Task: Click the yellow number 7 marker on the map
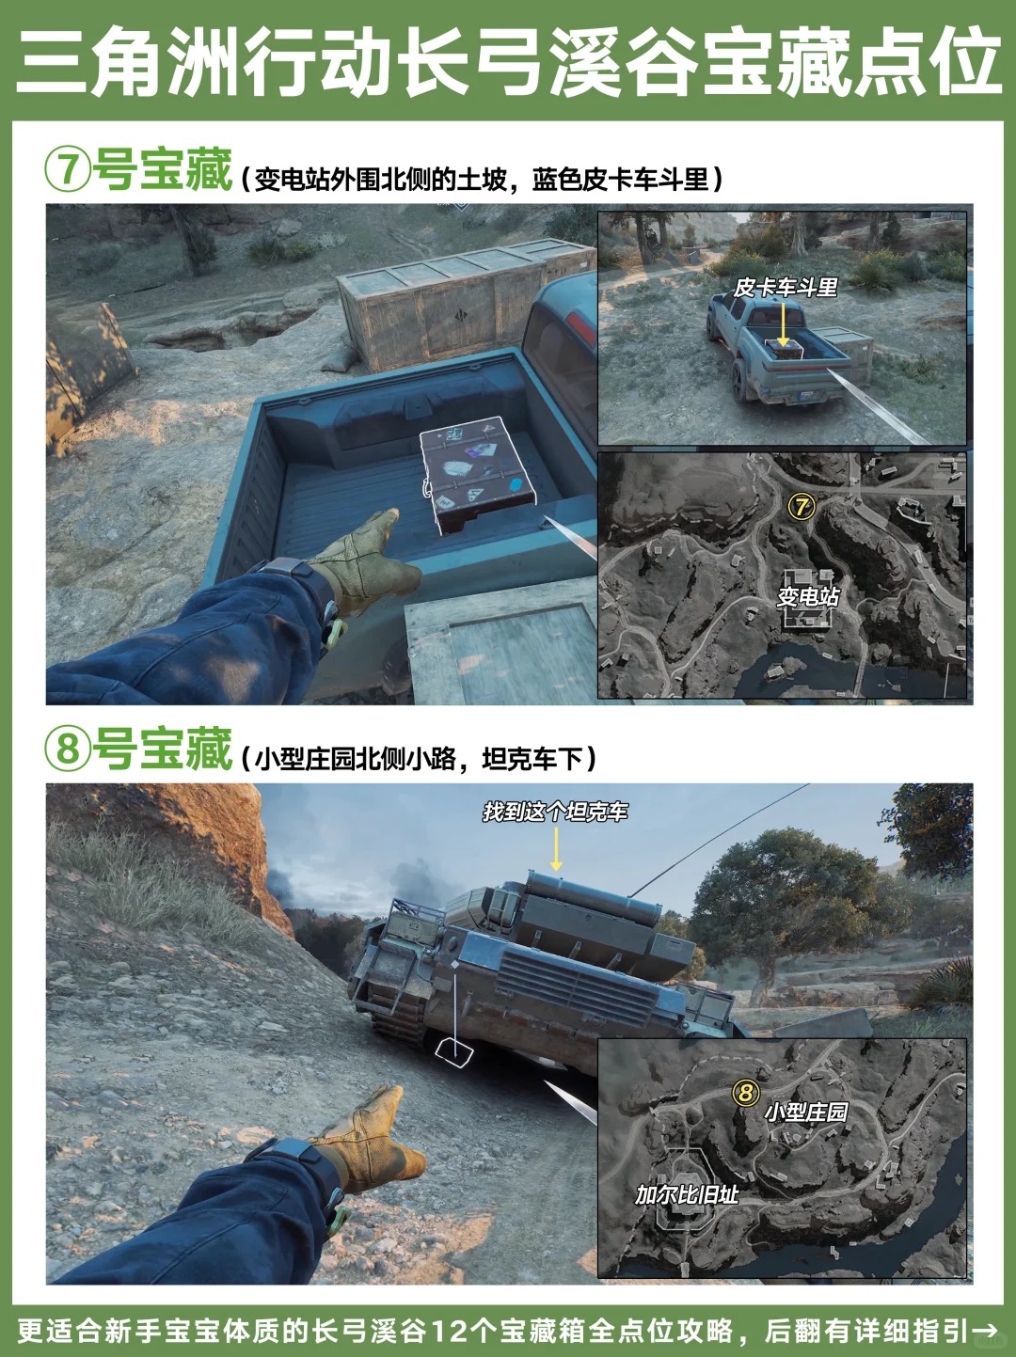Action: [802, 507]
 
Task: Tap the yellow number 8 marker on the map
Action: [746, 1092]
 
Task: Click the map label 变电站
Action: [808, 596]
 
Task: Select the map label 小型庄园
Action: [806, 1112]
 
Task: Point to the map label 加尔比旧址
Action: [687, 1194]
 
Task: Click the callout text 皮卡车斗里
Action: [786, 287]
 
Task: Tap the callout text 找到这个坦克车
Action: [555, 812]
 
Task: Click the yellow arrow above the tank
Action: [555, 849]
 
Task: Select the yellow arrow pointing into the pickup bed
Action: [784, 323]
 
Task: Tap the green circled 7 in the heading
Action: [68, 168]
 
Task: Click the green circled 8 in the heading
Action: [68, 747]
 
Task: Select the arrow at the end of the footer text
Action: [984, 1330]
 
